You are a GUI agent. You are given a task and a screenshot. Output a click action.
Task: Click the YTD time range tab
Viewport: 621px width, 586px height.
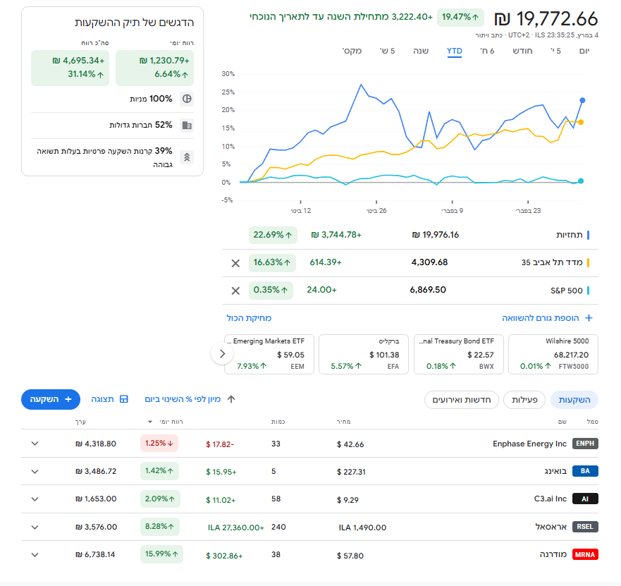point(454,51)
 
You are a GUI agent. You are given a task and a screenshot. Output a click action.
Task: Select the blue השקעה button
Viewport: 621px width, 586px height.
point(51,399)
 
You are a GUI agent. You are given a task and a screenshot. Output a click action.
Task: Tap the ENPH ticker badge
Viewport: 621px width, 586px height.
point(585,444)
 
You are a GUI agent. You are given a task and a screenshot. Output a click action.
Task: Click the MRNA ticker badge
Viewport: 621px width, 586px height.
point(585,555)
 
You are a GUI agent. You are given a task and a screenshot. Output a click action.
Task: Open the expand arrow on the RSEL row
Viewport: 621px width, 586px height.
point(35,527)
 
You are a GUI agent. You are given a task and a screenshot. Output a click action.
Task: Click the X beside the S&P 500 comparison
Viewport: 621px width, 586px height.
point(235,290)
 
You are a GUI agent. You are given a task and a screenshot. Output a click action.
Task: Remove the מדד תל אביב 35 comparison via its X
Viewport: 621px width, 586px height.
point(235,263)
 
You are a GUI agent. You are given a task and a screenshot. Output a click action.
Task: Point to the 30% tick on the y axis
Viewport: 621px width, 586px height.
point(227,73)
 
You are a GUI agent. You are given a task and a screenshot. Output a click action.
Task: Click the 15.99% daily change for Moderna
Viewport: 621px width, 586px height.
point(161,554)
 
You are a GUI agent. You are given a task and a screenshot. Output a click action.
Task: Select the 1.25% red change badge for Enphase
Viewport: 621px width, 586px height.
point(159,444)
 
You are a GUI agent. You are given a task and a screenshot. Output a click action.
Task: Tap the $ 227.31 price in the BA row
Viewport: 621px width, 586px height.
point(350,472)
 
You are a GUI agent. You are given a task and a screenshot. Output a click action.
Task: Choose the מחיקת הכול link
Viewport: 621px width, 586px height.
point(249,319)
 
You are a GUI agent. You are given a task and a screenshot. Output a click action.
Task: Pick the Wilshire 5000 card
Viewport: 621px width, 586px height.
point(554,354)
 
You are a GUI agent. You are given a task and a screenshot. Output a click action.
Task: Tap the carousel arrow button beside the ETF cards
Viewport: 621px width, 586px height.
point(222,354)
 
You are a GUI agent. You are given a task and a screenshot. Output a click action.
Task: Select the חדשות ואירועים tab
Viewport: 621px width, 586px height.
point(462,400)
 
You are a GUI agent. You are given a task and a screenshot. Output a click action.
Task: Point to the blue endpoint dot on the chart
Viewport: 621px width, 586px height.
point(582,100)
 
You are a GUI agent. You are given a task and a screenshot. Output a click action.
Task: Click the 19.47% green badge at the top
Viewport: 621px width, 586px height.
point(460,17)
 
